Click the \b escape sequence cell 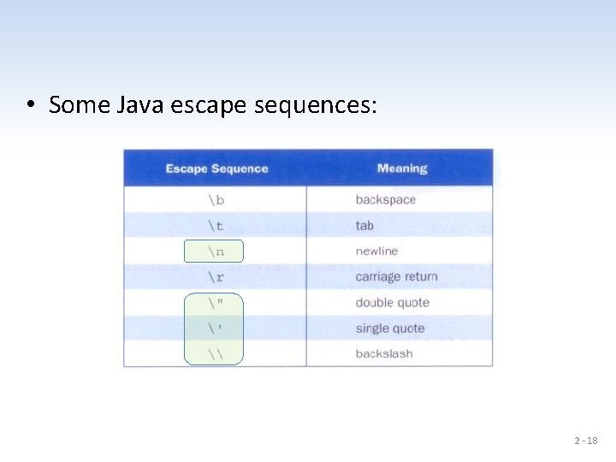coord(215,199)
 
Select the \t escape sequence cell coord(215,225)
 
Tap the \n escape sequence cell coord(215,251)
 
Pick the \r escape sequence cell coord(215,276)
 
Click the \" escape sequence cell coord(215,302)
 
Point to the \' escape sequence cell coord(215,328)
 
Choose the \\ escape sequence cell coord(215,353)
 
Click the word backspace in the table coord(385,199)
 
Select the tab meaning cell coord(364,225)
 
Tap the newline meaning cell coord(376,251)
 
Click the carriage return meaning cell coord(396,276)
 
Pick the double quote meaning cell coord(392,302)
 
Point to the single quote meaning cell coord(389,328)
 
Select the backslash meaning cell coord(383,353)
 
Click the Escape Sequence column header coord(216,169)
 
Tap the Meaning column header coord(402,169)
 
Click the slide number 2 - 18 coord(585,441)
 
